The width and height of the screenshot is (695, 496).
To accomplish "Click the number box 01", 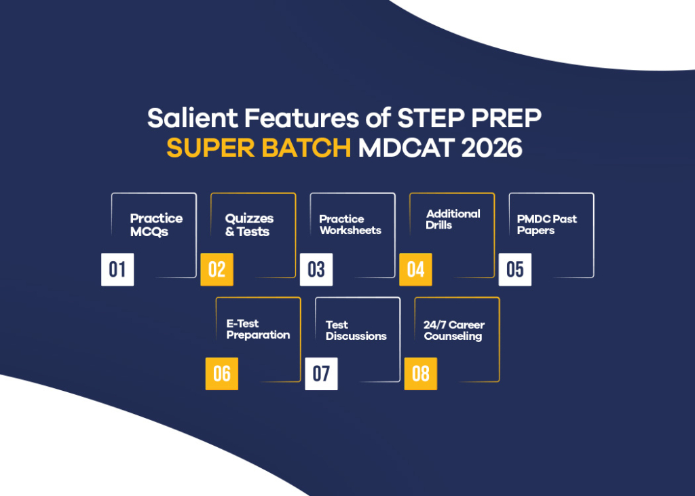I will coord(117,269).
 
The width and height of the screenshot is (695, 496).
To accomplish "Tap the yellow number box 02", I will coord(217,269).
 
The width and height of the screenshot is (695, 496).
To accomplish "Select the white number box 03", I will coord(316,269).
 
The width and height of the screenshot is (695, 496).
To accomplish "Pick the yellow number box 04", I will coord(415,269).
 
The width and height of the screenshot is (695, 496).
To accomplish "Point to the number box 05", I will coord(515,269).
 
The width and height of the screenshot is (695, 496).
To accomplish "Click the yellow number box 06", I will coord(222,374).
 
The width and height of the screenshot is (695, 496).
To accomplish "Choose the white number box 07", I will coord(321,374).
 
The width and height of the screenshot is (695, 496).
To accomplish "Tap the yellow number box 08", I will coord(421,374).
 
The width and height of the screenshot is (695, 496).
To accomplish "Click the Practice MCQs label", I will coord(156,225).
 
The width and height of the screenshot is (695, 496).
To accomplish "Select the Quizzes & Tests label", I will coord(249,225).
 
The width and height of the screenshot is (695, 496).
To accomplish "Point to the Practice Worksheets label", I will coord(350,225).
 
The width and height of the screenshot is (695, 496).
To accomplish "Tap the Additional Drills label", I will coord(453,219).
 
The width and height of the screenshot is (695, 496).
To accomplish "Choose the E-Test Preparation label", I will coord(258,329).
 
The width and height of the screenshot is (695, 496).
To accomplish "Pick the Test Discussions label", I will coord(356,330).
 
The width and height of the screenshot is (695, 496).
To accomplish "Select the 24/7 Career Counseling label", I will coord(454,330).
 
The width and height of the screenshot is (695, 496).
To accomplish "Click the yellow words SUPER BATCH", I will coord(259,149).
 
